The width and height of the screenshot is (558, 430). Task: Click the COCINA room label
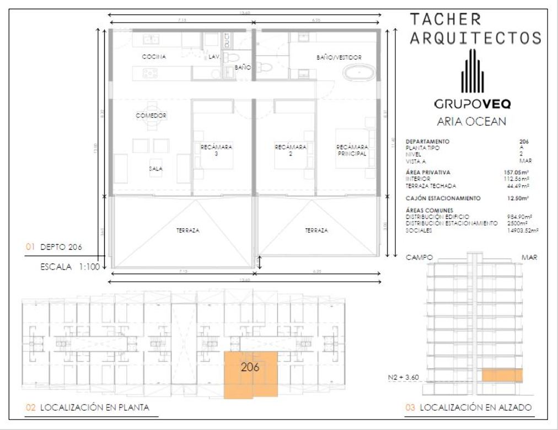(x=154, y=57)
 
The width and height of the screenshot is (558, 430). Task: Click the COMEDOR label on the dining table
(x=151, y=116)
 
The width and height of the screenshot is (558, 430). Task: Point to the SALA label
(x=155, y=169)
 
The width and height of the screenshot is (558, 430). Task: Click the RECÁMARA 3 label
(x=216, y=150)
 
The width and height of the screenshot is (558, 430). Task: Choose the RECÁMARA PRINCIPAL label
(x=352, y=150)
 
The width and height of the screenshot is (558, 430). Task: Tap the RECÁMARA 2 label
(x=291, y=150)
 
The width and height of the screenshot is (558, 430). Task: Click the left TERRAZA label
(x=185, y=230)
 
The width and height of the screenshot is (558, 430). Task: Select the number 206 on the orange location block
(x=250, y=367)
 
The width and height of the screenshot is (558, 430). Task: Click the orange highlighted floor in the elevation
(x=502, y=375)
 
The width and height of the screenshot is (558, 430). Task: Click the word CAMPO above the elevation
(x=418, y=257)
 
